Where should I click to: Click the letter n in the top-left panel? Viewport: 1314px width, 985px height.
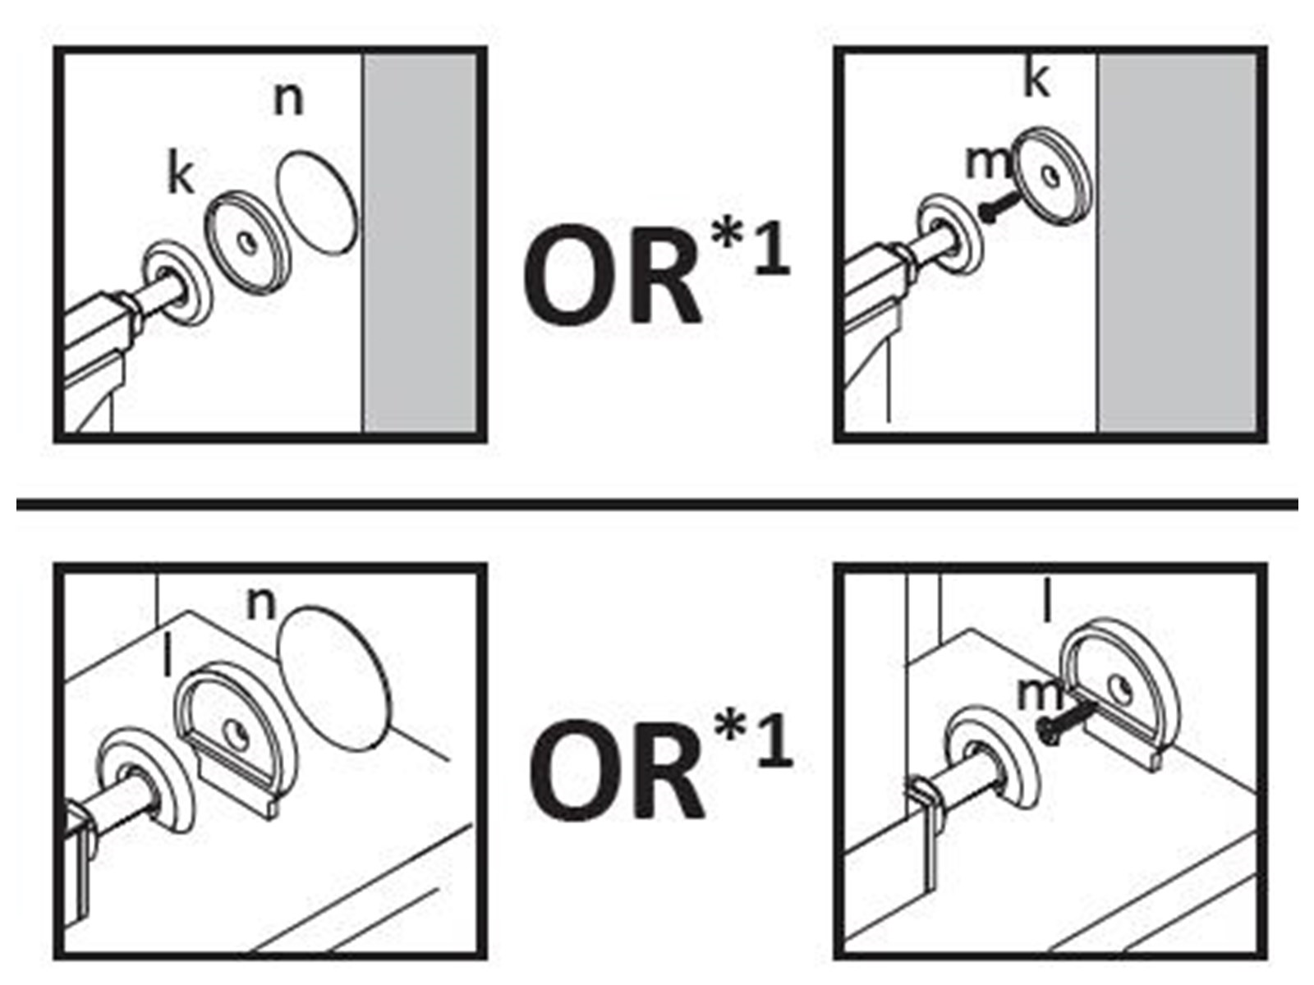(287, 100)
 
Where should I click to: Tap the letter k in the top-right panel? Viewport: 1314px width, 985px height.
(1036, 79)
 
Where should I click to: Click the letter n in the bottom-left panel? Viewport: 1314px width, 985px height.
(261, 604)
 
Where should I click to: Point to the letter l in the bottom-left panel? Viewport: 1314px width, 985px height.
(168, 658)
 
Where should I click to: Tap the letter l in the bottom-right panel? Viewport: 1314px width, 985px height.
(1046, 604)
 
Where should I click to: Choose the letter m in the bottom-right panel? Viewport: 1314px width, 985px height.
(1039, 695)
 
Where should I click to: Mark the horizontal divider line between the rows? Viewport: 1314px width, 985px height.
(657, 503)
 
